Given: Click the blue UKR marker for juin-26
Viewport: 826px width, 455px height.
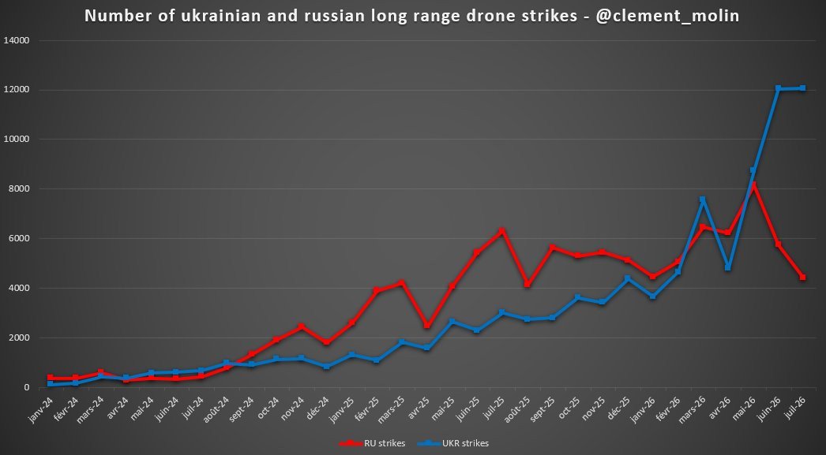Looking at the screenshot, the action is click(x=778, y=88).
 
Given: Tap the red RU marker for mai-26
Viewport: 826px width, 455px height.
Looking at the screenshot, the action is click(x=753, y=185).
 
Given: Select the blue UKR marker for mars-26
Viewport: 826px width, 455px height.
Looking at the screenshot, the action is click(x=702, y=200).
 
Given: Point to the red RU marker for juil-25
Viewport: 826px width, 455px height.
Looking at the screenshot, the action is click(x=501, y=230).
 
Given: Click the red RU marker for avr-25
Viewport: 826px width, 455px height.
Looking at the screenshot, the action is click(x=426, y=326).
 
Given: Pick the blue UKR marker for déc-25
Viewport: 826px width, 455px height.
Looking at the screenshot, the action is click(x=627, y=279).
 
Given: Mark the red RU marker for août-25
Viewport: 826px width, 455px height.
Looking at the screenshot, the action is click(x=527, y=284).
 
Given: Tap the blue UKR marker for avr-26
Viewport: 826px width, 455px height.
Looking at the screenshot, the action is click(x=728, y=268).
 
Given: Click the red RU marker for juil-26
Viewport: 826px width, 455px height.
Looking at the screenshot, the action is click(x=803, y=278).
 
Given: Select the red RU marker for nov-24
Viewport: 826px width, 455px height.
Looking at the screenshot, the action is click(x=301, y=326).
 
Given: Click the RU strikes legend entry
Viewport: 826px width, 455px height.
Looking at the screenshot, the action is click(x=372, y=443).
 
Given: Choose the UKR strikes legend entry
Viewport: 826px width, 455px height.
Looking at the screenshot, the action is click(x=453, y=443).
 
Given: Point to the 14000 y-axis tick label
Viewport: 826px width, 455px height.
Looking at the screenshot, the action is click(x=16, y=40).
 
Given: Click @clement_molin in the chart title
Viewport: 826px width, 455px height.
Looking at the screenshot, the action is click(x=668, y=16).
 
